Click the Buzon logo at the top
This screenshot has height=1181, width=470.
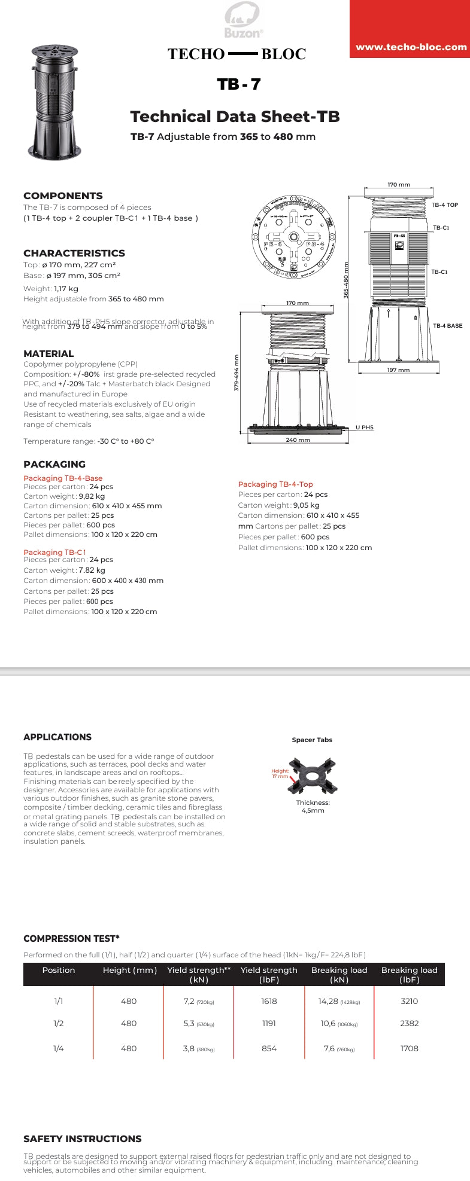[x=242, y=20]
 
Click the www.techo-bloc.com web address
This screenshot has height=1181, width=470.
[x=411, y=47]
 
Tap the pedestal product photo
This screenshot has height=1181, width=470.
[x=54, y=101]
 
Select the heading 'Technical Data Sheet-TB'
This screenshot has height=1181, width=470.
[x=235, y=116]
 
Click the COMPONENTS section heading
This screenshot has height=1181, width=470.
[x=63, y=196]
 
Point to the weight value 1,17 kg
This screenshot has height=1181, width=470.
[x=66, y=288]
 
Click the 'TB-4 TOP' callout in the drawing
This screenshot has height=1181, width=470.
[x=444, y=205]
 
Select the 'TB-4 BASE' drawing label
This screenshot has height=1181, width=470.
[x=447, y=326]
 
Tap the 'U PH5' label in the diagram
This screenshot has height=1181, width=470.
[x=364, y=428]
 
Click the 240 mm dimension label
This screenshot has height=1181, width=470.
[x=298, y=440]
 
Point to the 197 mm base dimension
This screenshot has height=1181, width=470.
[x=398, y=370]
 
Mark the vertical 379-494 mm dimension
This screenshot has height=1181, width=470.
[x=236, y=373]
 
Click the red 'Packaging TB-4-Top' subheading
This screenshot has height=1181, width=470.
[x=275, y=484]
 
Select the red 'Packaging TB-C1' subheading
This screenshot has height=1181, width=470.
[x=54, y=552]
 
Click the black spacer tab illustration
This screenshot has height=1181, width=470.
[x=313, y=776]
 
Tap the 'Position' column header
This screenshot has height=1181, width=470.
[x=59, y=970]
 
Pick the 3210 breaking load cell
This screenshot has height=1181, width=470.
[x=410, y=1001]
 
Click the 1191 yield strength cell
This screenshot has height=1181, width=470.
[x=269, y=1023]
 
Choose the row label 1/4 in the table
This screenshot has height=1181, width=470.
[x=59, y=1048]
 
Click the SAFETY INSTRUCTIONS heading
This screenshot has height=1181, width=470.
[x=83, y=1139]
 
